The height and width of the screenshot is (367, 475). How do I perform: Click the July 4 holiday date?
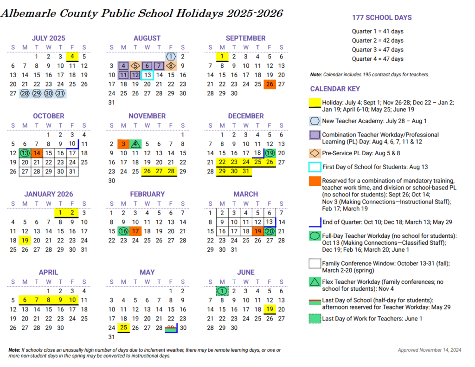(72, 57)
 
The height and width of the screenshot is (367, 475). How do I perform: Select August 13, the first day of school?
(147, 75)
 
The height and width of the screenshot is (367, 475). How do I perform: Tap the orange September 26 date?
(270, 84)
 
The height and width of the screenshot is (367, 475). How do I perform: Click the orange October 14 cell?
(37, 153)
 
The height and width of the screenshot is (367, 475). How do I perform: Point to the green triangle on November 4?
(135, 144)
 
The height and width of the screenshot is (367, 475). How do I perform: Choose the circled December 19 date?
(270, 153)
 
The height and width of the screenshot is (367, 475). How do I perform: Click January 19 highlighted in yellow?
(25, 240)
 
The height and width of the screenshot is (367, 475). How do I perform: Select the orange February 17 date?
(135, 231)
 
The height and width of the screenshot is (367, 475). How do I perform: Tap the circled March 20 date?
(270, 231)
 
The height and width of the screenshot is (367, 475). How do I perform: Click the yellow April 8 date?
(48, 300)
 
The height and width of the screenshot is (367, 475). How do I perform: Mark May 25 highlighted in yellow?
(123, 328)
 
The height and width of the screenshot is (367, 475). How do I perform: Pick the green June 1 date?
(222, 291)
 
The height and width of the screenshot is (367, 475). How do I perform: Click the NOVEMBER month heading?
(147, 116)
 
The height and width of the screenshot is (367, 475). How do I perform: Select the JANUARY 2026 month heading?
(49, 194)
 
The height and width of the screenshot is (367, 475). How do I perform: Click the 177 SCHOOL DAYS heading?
(382, 18)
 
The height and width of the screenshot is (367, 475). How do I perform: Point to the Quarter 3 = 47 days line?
(378, 50)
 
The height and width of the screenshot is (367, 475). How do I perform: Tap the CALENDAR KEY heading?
(335, 89)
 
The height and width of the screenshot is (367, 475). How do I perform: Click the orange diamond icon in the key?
(315, 153)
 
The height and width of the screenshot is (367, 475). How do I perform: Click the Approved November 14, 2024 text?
(430, 350)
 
